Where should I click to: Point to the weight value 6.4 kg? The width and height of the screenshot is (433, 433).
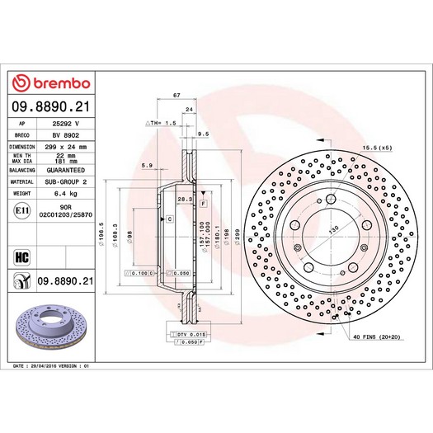pos(76,194)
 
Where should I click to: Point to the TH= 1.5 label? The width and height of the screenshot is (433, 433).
pos(162,122)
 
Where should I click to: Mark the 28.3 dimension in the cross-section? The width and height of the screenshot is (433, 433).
pos(184,199)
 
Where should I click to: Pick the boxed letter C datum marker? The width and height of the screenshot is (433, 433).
pos(169,219)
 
